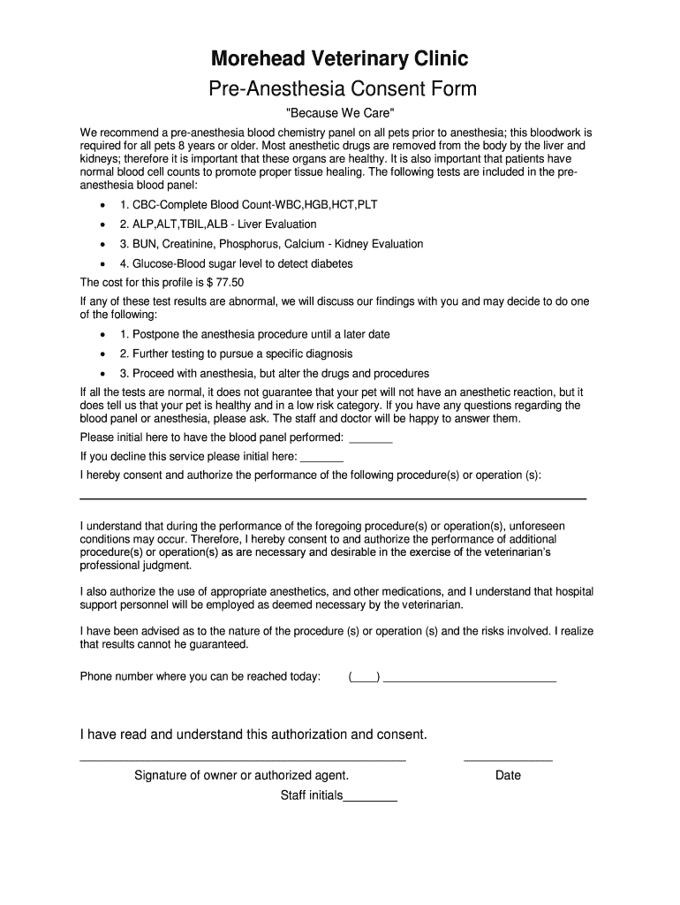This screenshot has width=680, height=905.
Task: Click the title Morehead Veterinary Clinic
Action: pyautogui.click(x=339, y=59)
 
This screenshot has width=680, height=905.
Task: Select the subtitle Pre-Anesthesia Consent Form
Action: pyautogui.click(x=342, y=89)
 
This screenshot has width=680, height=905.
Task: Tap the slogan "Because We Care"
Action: pyautogui.click(x=339, y=115)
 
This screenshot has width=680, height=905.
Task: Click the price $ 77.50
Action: pyautogui.click(x=225, y=283)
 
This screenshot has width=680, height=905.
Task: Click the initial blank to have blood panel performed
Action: pyautogui.click(x=371, y=439)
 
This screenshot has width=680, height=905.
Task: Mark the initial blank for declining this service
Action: pyautogui.click(x=322, y=459)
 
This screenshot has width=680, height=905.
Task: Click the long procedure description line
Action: pyautogui.click(x=333, y=498)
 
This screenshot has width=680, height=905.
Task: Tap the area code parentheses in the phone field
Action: pyautogui.click(x=364, y=678)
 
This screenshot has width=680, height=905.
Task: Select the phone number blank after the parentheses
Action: pyautogui.click(x=470, y=680)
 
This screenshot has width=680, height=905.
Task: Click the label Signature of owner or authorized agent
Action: pyautogui.click(x=241, y=775)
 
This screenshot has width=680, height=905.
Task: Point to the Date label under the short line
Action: pyautogui.click(x=508, y=775)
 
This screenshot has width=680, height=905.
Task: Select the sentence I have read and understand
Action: pyautogui.click(x=253, y=734)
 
